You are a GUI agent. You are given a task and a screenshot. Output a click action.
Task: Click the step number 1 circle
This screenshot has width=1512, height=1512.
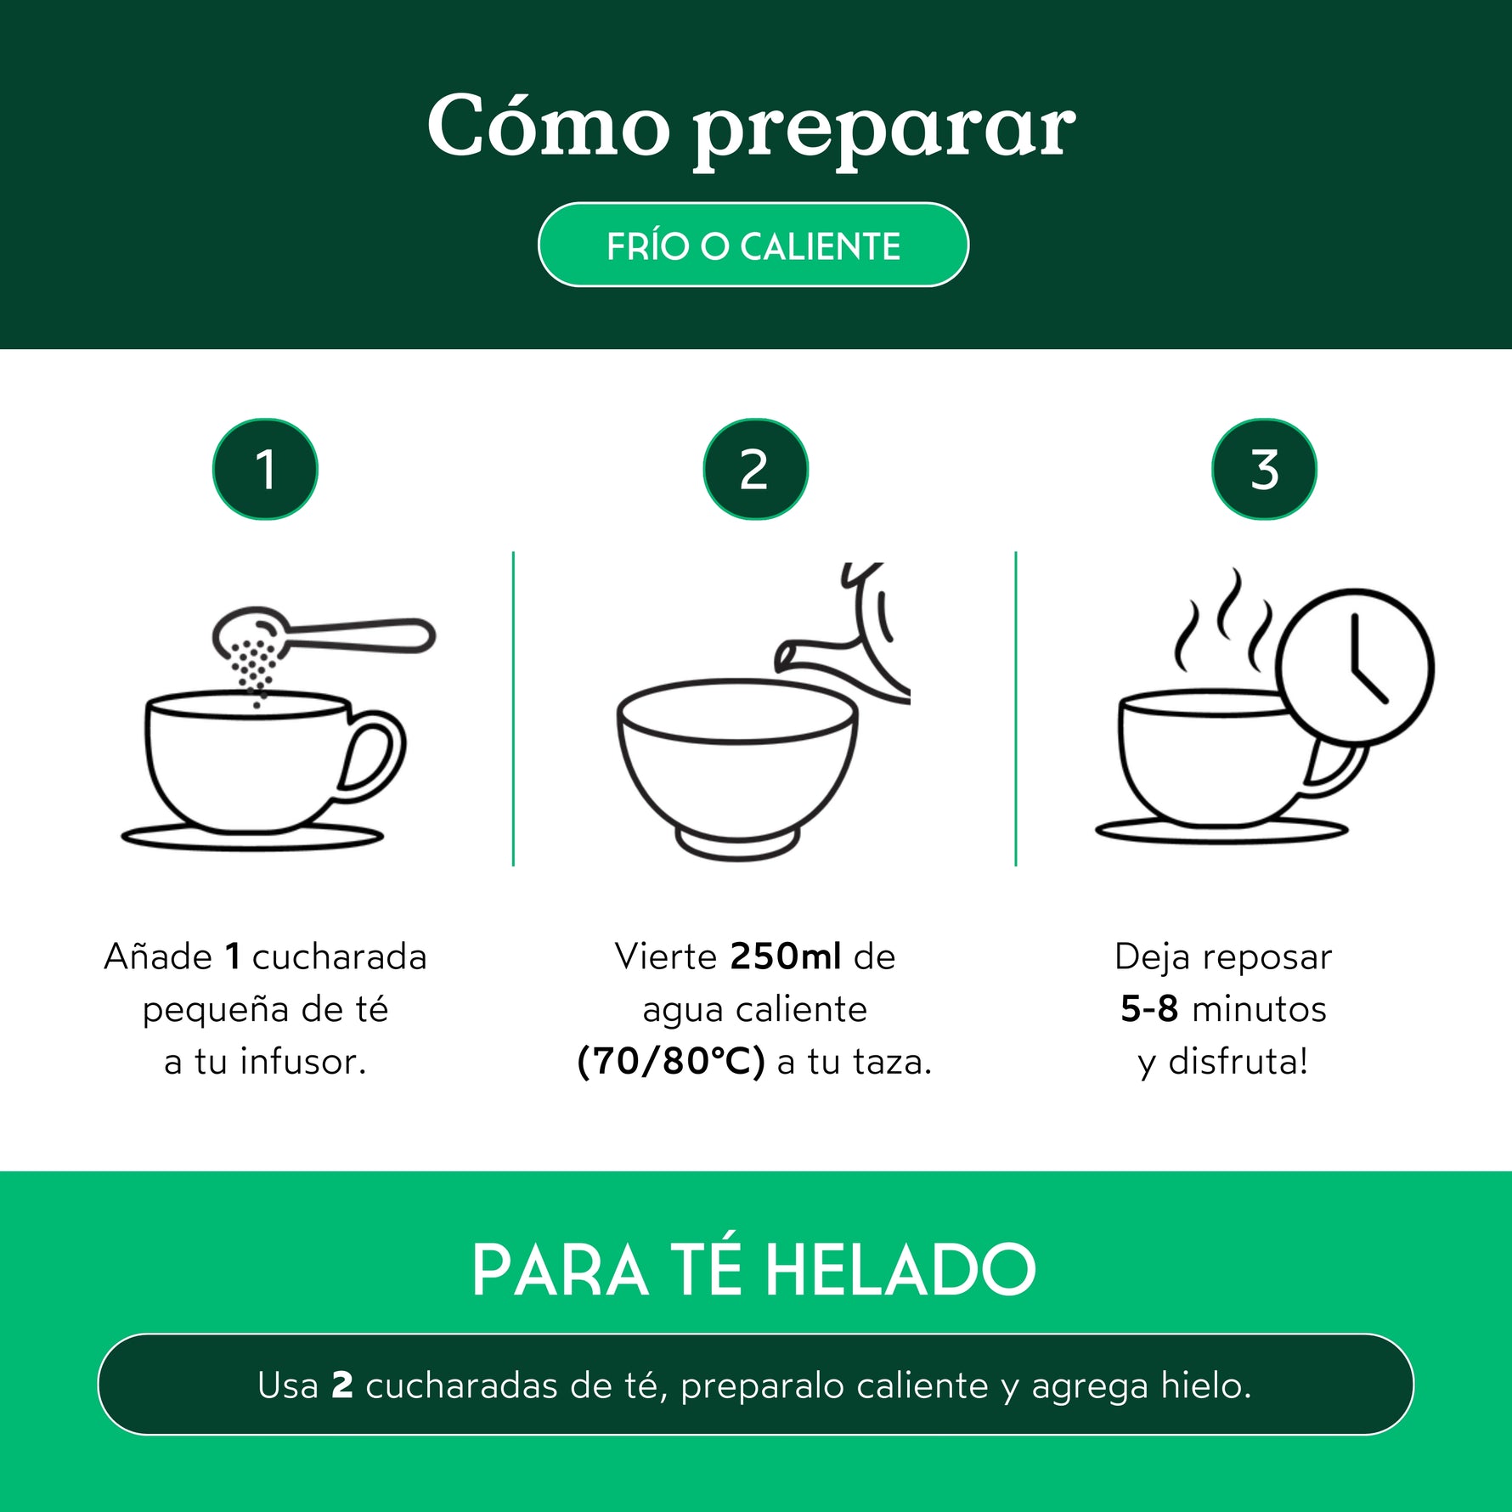coord(265,469)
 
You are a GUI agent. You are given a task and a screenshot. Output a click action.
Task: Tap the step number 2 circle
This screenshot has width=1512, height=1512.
coord(755,469)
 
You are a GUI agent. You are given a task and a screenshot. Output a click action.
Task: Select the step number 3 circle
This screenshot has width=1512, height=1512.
coord(1264,469)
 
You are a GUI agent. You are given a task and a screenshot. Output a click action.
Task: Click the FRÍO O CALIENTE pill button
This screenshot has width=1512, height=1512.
coord(753,245)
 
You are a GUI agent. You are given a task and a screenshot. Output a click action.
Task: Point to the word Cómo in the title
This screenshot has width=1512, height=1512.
coord(549,126)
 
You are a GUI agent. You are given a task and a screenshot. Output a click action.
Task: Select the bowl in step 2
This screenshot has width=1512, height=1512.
coord(737,769)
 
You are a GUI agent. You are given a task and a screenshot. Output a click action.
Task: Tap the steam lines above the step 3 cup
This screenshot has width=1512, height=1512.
coord(1223,619)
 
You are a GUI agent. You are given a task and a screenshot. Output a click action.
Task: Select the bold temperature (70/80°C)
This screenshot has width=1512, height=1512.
coord(671,1061)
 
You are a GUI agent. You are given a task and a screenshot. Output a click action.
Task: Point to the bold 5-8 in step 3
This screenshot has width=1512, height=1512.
coord(1149,1009)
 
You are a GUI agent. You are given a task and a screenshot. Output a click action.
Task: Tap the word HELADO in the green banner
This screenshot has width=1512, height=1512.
coord(900,1271)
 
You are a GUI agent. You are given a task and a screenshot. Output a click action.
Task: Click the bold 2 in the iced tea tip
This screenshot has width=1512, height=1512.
coord(341,1385)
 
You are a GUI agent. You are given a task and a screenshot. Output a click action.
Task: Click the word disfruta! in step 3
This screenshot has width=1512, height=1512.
coord(1238,1062)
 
